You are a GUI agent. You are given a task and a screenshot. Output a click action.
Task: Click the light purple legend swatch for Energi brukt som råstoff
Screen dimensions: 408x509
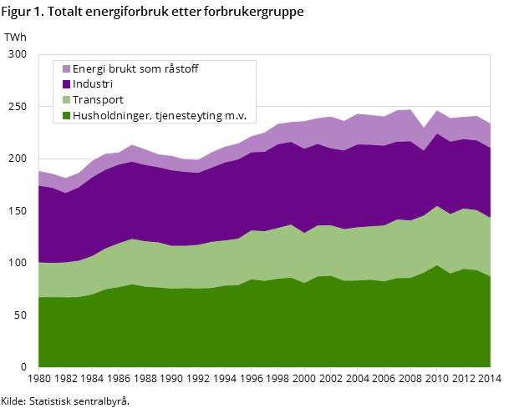click(x=64, y=69)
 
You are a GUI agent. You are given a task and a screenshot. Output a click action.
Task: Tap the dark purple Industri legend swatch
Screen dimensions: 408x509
click(x=64, y=84)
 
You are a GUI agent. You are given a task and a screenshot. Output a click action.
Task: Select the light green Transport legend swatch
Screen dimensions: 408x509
click(x=64, y=100)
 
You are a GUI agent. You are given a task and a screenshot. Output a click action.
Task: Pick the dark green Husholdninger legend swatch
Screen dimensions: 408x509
click(x=64, y=116)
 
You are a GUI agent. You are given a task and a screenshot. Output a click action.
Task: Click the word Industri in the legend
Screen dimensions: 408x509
click(x=92, y=84)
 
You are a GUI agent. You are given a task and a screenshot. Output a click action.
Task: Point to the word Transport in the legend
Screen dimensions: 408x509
click(x=98, y=100)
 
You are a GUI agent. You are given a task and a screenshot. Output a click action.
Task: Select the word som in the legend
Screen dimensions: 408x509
click(x=150, y=69)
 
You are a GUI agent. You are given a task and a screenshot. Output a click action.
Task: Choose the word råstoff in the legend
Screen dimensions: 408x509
click(x=181, y=69)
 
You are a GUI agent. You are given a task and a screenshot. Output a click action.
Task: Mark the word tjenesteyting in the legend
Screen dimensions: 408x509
click(x=185, y=116)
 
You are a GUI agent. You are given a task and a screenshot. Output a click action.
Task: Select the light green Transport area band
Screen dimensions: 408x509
click(x=251, y=255)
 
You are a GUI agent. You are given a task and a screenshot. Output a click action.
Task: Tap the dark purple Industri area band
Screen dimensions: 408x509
click(x=251, y=192)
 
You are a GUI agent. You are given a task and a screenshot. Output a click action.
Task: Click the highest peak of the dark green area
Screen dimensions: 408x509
click(x=436, y=264)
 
